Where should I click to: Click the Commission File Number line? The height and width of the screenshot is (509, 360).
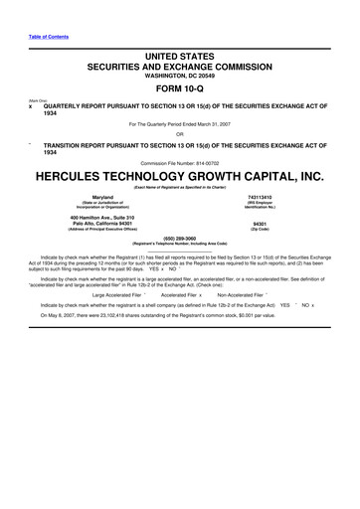click(180, 162)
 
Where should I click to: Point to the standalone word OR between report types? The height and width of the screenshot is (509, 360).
click(180, 134)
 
